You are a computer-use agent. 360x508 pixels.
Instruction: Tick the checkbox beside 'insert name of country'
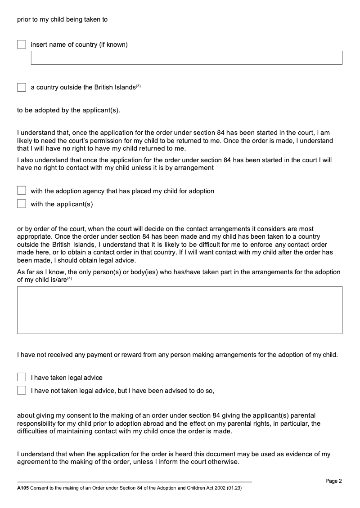(x=22, y=45)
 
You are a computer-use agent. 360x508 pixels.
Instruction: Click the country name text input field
(x=186, y=58)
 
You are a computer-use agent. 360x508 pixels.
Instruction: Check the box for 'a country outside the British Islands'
(x=22, y=87)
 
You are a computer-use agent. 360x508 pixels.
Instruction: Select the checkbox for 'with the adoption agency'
(x=22, y=191)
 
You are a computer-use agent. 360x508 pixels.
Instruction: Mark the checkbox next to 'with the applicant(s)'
(x=22, y=204)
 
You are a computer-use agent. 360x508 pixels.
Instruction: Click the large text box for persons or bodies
(x=180, y=310)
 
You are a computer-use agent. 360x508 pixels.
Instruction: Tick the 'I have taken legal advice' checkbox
(x=22, y=378)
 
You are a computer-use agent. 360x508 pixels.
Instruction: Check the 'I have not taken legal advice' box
(x=22, y=391)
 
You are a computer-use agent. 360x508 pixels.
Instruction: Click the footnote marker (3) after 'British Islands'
(x=139, y=86)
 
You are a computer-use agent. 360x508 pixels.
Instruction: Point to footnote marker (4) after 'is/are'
(x=70, y=279)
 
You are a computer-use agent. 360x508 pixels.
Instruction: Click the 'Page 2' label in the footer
(x=333, y=481)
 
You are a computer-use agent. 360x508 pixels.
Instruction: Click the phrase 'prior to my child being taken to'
(x=62, y=20)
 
